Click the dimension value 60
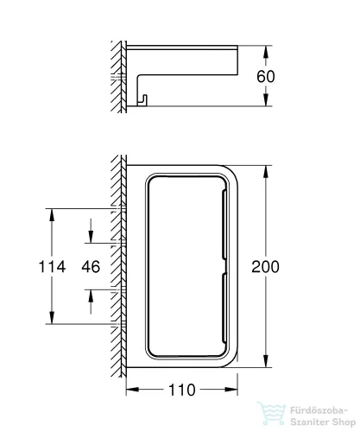point(266,77)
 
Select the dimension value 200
point(265,267)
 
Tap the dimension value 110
point(182,390)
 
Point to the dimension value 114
point(52,266)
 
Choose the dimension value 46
point(91,266)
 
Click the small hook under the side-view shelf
point(143,100)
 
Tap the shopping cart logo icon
point(271,413)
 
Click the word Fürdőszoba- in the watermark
point(319,410)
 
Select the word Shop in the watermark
point(344,422)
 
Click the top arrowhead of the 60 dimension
point(266,51)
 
